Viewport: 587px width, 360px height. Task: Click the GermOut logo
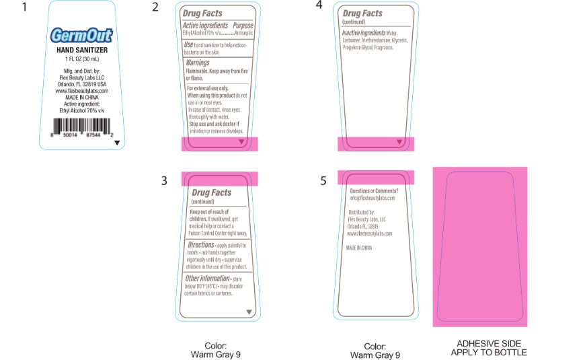point(82,35)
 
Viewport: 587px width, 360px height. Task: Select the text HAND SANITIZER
point(81,50)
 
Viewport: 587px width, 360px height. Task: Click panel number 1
point(25,8)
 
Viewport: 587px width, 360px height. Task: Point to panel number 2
point(155,7)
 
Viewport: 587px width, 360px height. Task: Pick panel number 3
point(164,180)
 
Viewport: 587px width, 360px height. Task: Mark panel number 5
point(323,180)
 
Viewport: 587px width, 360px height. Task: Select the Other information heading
point(207,278)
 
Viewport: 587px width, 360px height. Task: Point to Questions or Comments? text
point(374,191)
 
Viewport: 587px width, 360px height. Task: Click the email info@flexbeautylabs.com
point(372,199)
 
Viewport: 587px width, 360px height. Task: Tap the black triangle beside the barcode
point(117,143)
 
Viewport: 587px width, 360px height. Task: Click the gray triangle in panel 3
point(249,312)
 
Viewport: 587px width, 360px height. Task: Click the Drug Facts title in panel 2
point(202,13)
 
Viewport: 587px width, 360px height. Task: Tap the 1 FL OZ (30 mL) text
point(81,59)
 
